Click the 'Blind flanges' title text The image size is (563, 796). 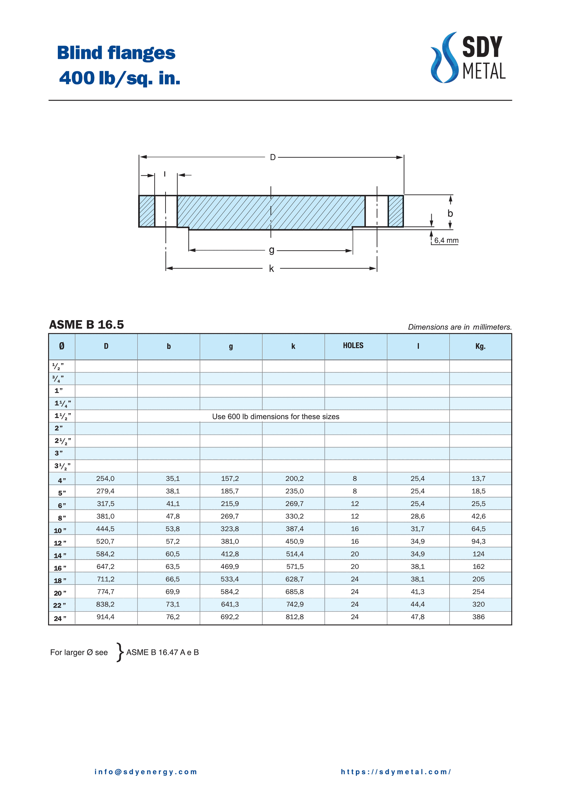click(116, 53)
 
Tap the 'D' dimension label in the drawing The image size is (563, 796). click(273, 157)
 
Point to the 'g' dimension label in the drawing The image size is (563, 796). click(272, 250)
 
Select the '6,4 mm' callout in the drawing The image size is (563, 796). click(446, 240)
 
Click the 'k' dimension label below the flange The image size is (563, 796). click(271, 269)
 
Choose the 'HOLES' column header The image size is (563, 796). click(353, 346)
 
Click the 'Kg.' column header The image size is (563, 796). click(480, 346)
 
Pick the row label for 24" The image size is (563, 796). click(60, 618)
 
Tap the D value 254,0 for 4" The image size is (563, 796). click(105, 479)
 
